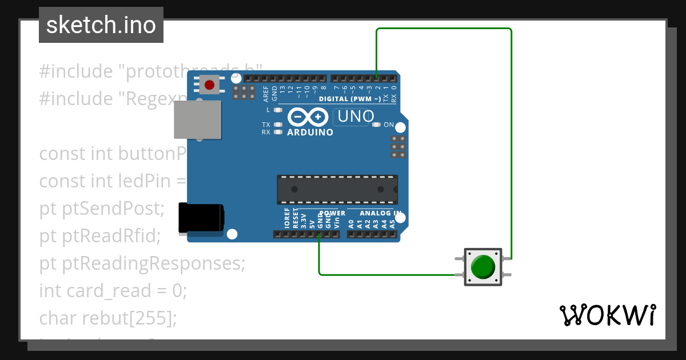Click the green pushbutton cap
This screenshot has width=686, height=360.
coord(483,267)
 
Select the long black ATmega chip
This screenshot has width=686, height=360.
coord(337,190)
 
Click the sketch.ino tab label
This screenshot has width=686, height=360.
coord(101,25)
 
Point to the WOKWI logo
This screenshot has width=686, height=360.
coord(608,315)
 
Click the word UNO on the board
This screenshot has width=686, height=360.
coord(356,117)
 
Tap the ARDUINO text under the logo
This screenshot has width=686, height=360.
coord(310,133)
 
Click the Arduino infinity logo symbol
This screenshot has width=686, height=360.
coord(309,117)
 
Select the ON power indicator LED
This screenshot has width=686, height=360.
coord(376,125)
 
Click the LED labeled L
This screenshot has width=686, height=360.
coord(278,110)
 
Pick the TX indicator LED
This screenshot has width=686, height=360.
coord(278,125)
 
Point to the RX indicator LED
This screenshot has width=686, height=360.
coord(278,132)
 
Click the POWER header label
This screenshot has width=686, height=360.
coord(332,213)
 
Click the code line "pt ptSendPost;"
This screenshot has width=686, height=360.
coord(102,209)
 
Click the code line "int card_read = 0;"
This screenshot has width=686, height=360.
coord(113,291)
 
